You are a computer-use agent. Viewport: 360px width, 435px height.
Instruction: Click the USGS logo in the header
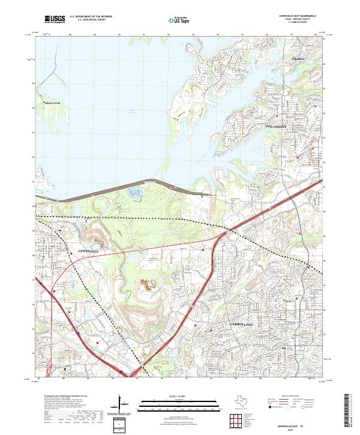pos(55,19)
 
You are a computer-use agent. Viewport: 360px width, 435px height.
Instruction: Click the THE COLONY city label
pos(277,127)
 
